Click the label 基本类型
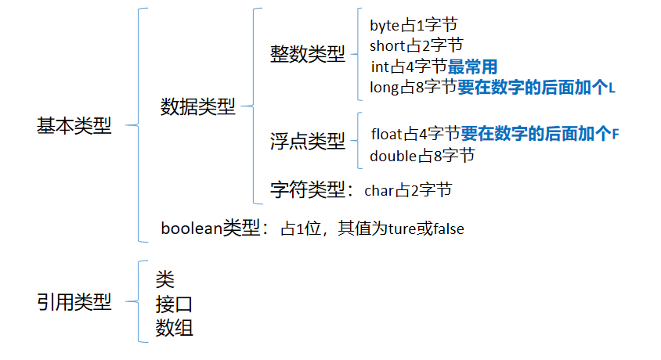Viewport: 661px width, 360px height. (74, 126)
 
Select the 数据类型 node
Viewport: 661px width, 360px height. (197, 107)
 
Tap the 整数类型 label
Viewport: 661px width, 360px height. (307, 55)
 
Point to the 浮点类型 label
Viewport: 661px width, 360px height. (307, 141)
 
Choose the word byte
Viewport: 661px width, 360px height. (385, 24)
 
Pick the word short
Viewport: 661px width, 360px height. (387, 45)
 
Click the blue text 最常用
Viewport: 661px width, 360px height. (472, 67)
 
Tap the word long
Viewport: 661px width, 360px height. (384, 88)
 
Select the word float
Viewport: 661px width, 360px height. (387, 134)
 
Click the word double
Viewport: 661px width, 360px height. (392, 156)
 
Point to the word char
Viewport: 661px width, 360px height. (377, 190)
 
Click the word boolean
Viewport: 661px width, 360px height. (191, 229)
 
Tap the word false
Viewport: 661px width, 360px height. (447, 229)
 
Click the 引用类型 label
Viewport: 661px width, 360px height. (74, 303)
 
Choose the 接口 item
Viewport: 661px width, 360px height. (174, 304)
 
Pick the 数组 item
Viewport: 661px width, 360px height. (174, 327)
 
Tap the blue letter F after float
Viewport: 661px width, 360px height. (615, 134)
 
